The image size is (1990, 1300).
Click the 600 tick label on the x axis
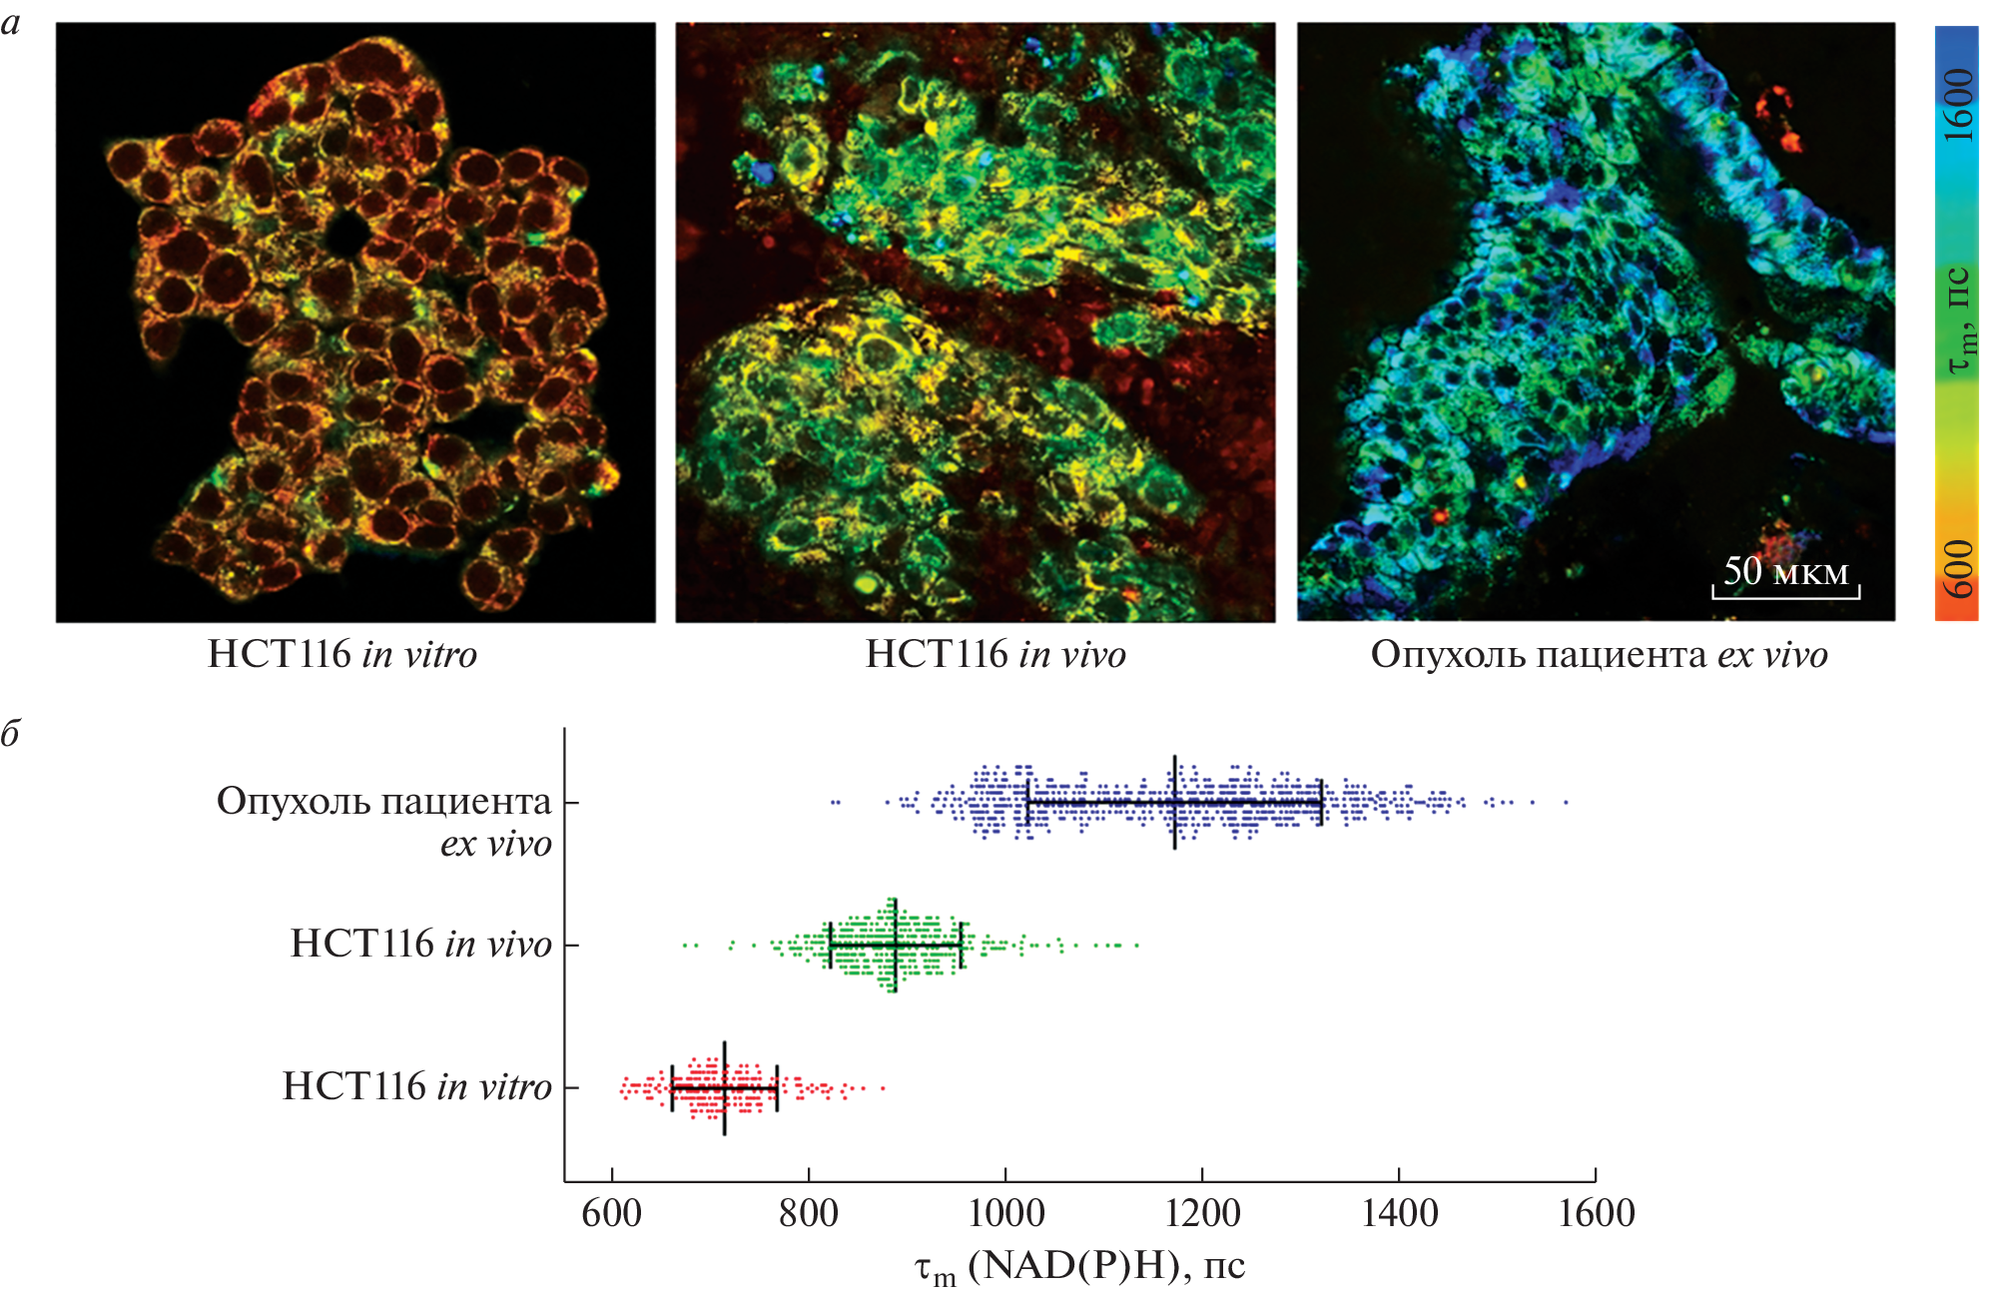pyautogui.click(x=611, y=1214)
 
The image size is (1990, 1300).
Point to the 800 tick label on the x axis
pyautogui.click(x=808, y=1214)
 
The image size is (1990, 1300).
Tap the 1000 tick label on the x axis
pyautogui.click(x=1005, y=1214)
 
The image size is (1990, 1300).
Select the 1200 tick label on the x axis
pyautogui.click(x=1202, y=1214)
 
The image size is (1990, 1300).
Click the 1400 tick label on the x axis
pyautogui.click(x=1399, y=1214)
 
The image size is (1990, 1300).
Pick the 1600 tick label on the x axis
pyautogui.click(x=1596, y=1214)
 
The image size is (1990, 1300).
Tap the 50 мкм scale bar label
pyautogui.click(x=1785, y=571)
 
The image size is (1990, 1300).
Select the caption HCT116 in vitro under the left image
pyautogui.click(x=341, y=655)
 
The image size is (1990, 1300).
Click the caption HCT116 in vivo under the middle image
pyautogui.click(x=995, y=655)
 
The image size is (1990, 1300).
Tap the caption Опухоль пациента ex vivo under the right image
pyautogui.click(x=1599, y=655)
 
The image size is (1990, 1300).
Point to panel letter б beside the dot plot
pyautogui.click(x=11, y=734)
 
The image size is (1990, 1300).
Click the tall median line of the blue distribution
pyautogui.click(x=1175, y=802)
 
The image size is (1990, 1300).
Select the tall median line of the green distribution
pyautogui.click(x=895, y=945)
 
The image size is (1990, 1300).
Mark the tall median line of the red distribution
pyautogui.click(x=724, y=1087)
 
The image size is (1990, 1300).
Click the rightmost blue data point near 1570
pyautogui.click(x=1566, y=802)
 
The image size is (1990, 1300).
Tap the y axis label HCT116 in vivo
pyautogui.click(x=420, y=945)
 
